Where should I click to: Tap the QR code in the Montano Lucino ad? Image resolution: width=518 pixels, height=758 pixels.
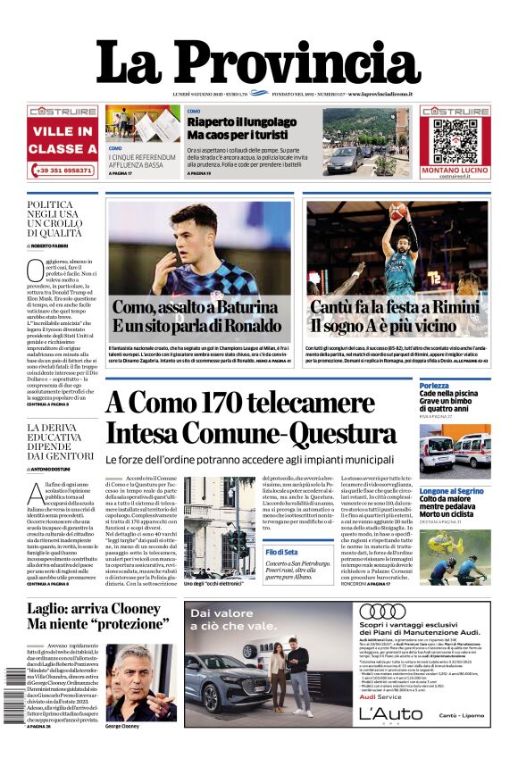(x=455, y=136)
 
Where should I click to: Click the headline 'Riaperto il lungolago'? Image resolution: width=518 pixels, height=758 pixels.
(x=241, y=121)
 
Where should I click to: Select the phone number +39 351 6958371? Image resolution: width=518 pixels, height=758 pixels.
(x=63, y=169)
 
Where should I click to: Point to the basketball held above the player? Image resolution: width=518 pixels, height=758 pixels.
(x=397, y=211)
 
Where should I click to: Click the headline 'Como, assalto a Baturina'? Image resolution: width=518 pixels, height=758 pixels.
(x=196, y=306)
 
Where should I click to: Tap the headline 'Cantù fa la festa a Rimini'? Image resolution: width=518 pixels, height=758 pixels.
(x=397, y=306)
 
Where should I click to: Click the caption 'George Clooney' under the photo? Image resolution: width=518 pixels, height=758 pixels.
(x=126, y=726)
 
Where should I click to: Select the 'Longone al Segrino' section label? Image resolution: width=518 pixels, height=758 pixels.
(x=452, y=491)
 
